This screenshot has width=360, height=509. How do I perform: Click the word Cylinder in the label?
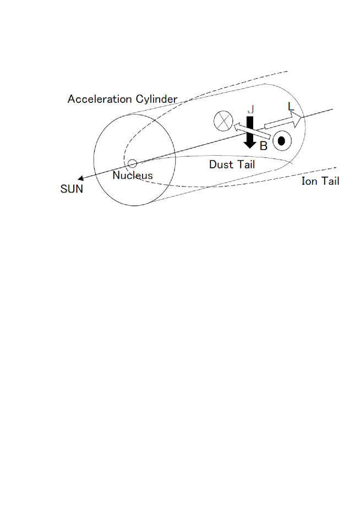tap(155, 99)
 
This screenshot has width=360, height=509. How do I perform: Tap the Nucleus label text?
tap(133, 176)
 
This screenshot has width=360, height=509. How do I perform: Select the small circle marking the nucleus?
tap(132, 163)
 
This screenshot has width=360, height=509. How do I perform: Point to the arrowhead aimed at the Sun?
tap(80, 178)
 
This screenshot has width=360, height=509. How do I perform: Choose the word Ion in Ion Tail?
tap(309, 180)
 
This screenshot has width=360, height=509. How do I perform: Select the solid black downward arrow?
tap(250, 132)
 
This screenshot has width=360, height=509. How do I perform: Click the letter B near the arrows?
tap(263, 146)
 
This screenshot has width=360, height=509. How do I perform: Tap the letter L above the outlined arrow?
tap(291, 106)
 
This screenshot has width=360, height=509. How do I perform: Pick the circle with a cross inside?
tap(223, 121)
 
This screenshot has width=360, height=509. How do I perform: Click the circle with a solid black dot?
tap(282, 141)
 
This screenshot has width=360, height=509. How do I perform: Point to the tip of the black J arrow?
tap(250, 147)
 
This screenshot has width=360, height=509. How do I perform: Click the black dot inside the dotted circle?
tap(282, 141)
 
